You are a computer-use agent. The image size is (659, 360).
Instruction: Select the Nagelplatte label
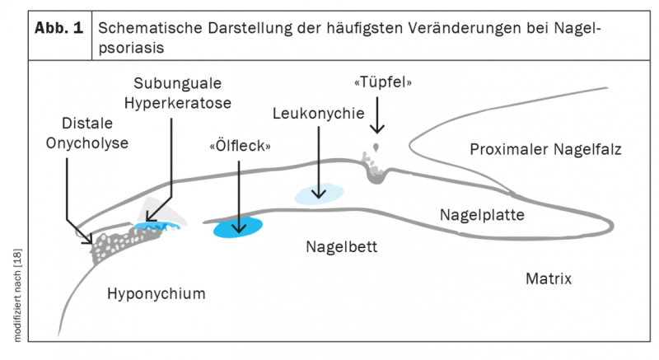pyautogui.click(x=482, y=216)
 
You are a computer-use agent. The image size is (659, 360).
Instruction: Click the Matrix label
pyautogui.click(x=548, y=278)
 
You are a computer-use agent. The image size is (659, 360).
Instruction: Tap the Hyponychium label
pyautogui.click(x=156, y=294)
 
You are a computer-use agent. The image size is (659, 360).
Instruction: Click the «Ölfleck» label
pyautogui.click(x=240, y=146)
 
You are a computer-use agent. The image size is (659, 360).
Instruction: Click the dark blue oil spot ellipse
pyautogui.click(x=238, y=227)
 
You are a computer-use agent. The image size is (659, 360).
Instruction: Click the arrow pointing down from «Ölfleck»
pyautogui.click(x=239, y=194)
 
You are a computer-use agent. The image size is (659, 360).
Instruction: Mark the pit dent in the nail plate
pyautogui.click(x=378, y=171)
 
